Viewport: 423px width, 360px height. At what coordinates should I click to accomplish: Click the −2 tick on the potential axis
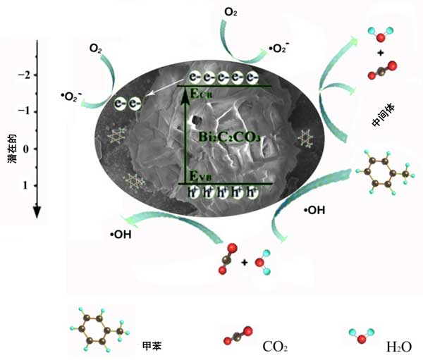pyautogui.click(x=26, y=75)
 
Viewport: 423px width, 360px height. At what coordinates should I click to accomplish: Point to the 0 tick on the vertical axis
pyautogui.click(x=27, y=149)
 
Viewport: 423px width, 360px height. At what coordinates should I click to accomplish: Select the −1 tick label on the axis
pyautogui.click(x=26, y=112)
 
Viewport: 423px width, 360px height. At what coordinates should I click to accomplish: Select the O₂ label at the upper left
pyautogui.click(x=96, y=49)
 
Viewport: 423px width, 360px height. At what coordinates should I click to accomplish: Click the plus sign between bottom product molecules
pyautogui.click(x=244, y=262)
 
